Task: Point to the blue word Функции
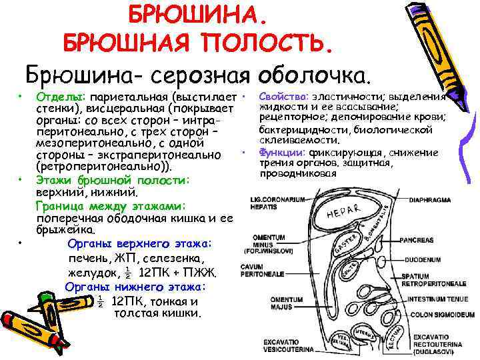pos(283,152)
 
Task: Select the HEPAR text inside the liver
pos(345,212)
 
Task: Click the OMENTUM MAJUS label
pos(269,303)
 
